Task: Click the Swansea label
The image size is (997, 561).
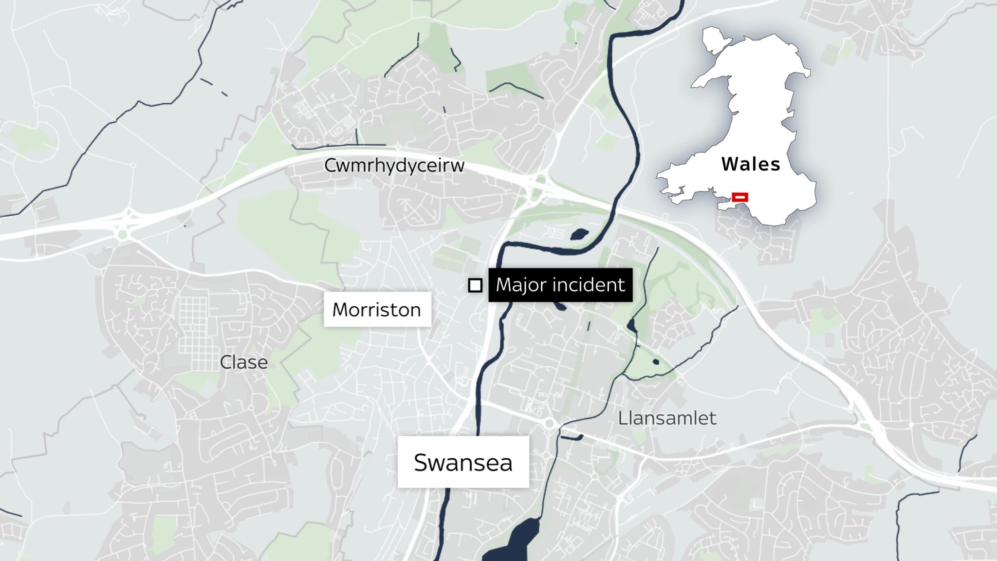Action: [463, 462]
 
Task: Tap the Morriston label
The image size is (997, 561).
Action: [377, 310]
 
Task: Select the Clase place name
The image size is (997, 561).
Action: [243, 362]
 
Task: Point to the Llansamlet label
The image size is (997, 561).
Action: [667, 418]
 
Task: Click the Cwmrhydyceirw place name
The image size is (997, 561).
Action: [394, 166]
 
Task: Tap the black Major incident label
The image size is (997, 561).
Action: [560, 285]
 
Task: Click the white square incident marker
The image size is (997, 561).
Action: [475, 285]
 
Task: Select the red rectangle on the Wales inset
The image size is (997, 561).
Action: [740, 197]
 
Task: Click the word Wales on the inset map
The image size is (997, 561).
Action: [751, 164]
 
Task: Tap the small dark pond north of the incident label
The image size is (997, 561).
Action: [579, 234]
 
